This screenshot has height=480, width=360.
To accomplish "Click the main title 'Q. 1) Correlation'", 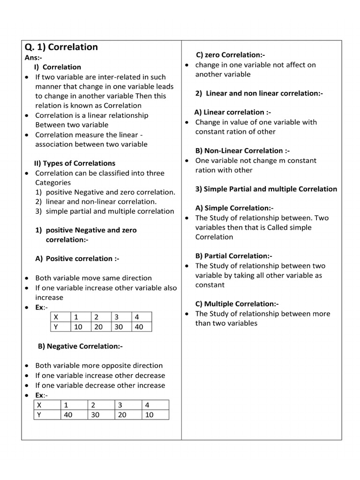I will (x=61, y=47).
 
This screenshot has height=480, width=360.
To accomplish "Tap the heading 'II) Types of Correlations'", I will (x=75, y=163).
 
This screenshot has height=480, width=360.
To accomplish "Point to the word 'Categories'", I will (x=53, y=182).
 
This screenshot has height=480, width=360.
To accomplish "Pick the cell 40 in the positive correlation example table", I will (x=138, y=327).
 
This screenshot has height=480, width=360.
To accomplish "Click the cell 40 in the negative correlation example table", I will (x=68, y=414).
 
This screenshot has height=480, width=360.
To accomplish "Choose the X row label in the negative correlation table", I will (x=39, y=405).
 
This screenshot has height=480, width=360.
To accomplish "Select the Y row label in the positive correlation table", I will (x=56, y=327).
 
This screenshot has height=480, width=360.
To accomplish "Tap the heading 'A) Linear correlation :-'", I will (x=232, y=112).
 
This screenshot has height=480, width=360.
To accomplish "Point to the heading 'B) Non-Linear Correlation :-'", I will (x=242, y=150).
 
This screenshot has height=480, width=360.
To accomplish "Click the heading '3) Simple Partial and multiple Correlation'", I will (x=266, y=189).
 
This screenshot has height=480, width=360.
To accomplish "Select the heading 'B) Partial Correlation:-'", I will (x=233, y=256).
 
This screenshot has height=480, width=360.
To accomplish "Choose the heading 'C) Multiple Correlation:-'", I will (x=237, y=304).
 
